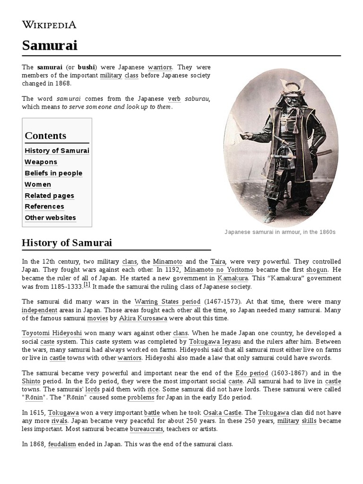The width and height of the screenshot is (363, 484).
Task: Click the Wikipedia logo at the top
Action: click(x=49, y=25)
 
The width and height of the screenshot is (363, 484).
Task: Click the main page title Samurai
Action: click(x=49, y=45)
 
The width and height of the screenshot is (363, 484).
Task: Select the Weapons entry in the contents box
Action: click(x=41, y=162)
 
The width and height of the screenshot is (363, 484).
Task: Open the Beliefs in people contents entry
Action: click(x=53, y=173)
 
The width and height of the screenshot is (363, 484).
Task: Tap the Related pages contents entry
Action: click(x=49, y=196)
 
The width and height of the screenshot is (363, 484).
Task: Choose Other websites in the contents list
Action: click(x=50, y=218)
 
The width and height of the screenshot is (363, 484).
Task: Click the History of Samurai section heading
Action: click(x=67, y=243)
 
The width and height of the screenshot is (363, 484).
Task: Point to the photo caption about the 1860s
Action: click(x=280, y=233)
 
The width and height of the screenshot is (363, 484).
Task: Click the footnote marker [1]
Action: click(x=87, y=284)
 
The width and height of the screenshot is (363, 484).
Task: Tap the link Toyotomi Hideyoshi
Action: click(x=52, y=333)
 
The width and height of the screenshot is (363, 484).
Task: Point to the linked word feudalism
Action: click(x=62, y=445)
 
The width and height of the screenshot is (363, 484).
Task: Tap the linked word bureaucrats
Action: click(x=147, y=429)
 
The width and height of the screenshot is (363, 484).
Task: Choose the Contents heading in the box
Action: click(x=45, y=136)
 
